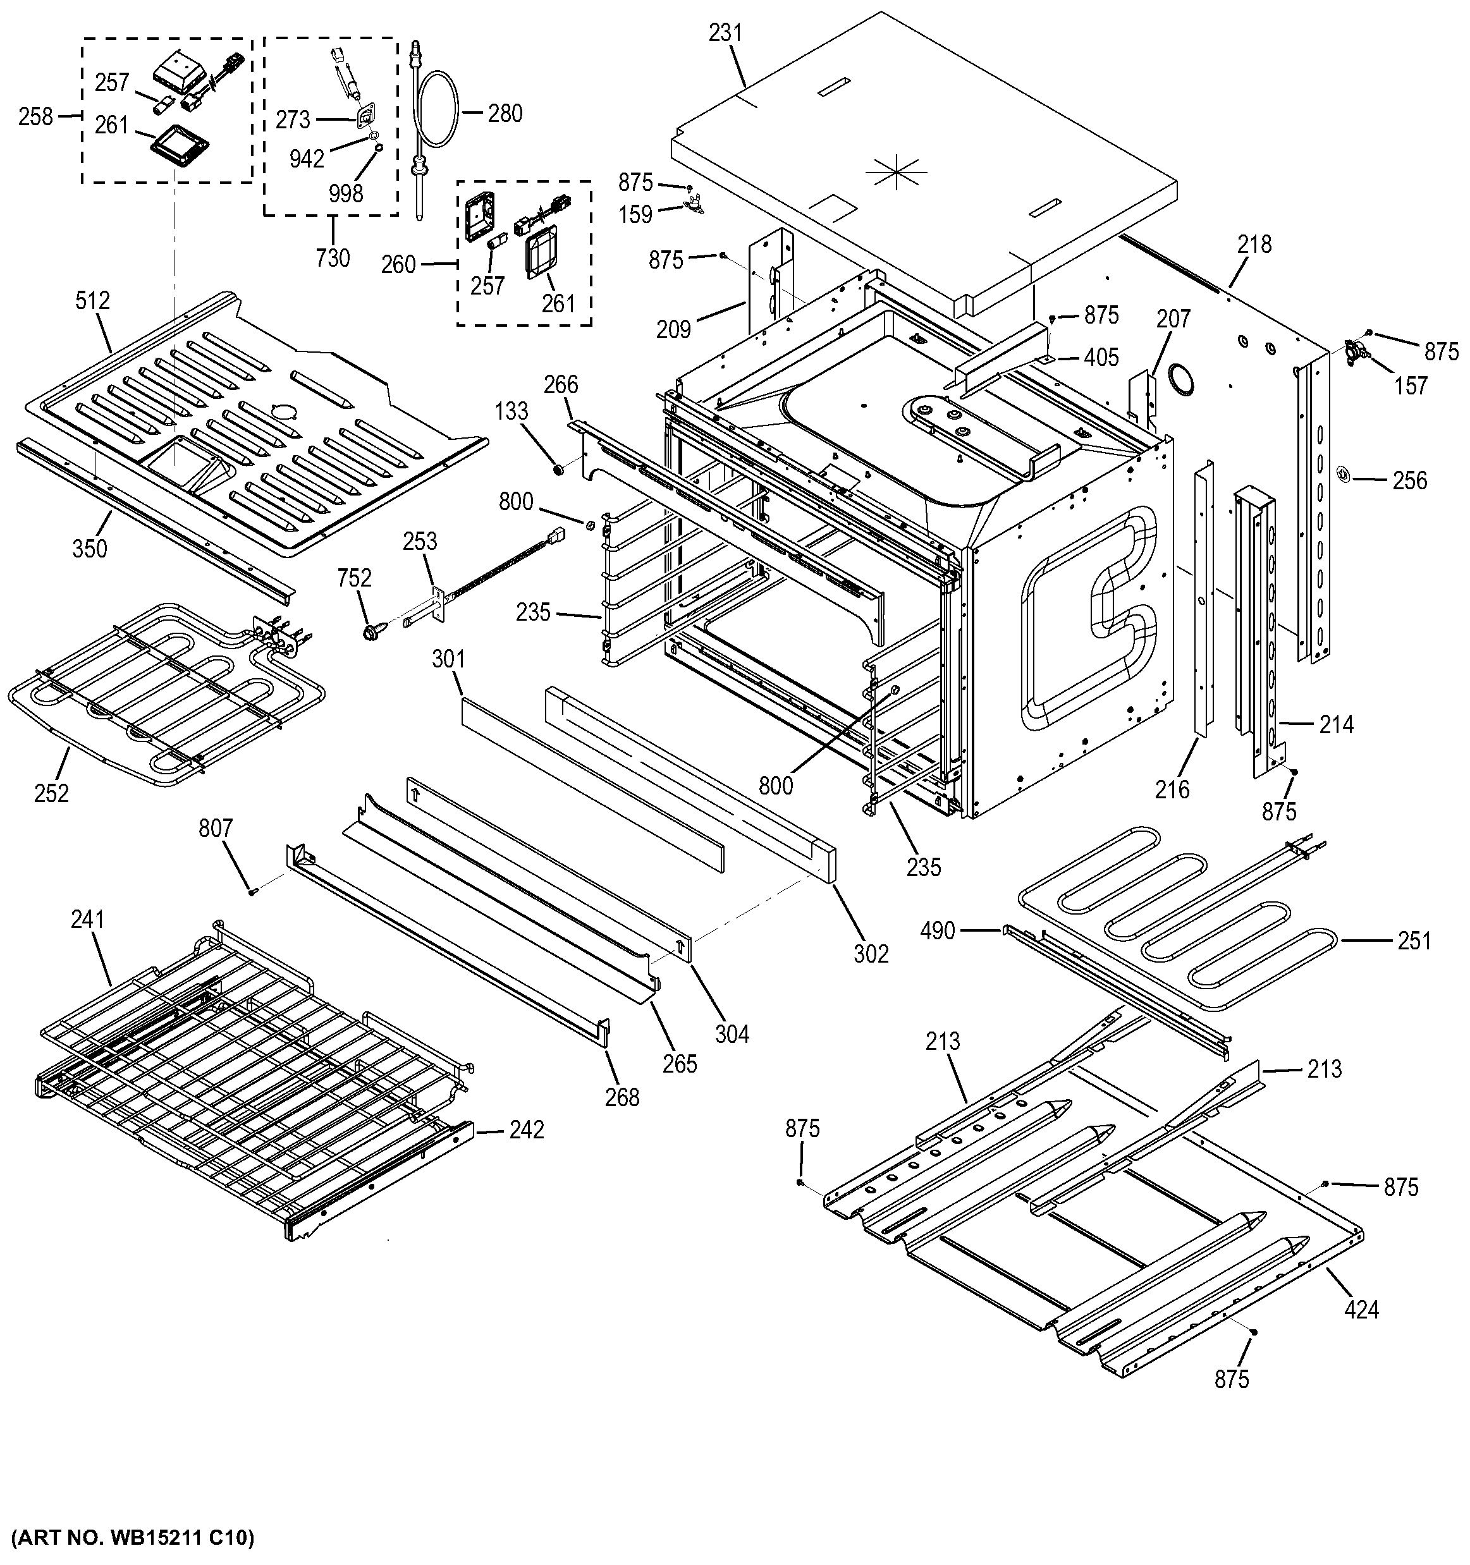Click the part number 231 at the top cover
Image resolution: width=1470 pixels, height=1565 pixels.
point(725,33)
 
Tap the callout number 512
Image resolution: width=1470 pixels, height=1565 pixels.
point(93,301)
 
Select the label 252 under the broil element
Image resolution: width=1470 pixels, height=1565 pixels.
point(51,793)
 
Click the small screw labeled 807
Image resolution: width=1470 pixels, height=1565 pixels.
point(253,891)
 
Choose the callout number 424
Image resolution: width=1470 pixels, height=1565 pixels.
point(1361,1310)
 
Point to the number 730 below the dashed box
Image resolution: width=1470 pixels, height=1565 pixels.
point(333,257)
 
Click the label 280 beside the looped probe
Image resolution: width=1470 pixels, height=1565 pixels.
point(505,114)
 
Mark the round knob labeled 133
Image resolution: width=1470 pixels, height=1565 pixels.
point(558,470)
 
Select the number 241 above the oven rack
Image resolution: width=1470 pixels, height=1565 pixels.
point(87,920)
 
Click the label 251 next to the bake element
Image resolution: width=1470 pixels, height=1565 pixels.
point(1414,941)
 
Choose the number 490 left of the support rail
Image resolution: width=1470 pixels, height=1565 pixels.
point(938,931)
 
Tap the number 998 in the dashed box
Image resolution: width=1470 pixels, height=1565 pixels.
point(346,193)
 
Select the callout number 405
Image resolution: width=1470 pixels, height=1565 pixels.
point(1101,357)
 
